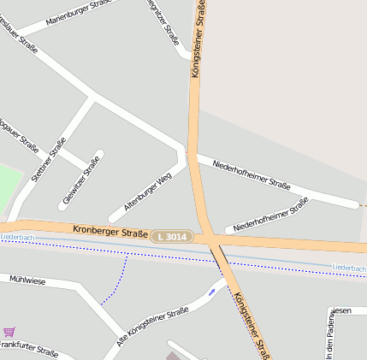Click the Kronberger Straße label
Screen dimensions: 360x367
click(110, 231)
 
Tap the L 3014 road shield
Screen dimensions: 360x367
click(171, 235)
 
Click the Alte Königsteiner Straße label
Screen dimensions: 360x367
click(151, 327)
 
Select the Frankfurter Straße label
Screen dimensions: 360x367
click(28, 350)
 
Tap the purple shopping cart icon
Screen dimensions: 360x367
click(9, 332)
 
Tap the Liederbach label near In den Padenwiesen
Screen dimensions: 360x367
click(348, 269)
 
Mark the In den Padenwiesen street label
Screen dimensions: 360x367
click(329, 339)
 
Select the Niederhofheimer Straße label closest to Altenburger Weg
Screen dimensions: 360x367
click(252, 171)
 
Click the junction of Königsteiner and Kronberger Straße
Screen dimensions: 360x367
click(206, 236)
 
